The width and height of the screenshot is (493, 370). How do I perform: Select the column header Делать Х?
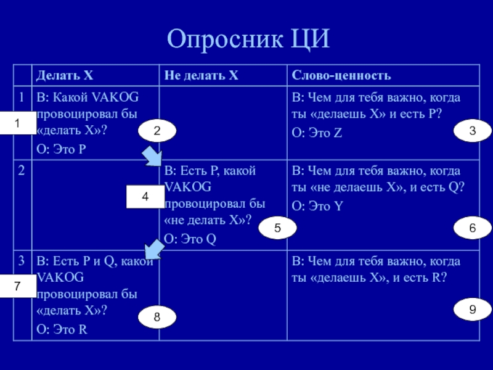(65, 76)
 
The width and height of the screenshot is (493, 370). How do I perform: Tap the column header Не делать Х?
(201, 76)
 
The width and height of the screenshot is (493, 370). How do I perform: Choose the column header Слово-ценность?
(341, 76)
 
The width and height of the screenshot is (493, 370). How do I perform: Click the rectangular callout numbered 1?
(17, 124)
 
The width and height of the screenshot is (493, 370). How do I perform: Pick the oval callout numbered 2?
(157, 131)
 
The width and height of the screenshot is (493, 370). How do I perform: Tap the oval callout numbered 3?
(472, 131)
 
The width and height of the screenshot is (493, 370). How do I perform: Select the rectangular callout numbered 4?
(145, 197)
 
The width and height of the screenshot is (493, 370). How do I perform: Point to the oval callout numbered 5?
(278, 228)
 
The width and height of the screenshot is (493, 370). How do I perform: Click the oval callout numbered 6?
(472, 228)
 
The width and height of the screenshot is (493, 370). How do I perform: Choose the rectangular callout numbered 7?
(17, 287)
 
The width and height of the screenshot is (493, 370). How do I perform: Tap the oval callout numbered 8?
(157, 317)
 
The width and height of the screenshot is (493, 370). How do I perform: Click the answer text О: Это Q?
(190, 239)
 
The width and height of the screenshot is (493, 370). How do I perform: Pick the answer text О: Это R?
(62, 329)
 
